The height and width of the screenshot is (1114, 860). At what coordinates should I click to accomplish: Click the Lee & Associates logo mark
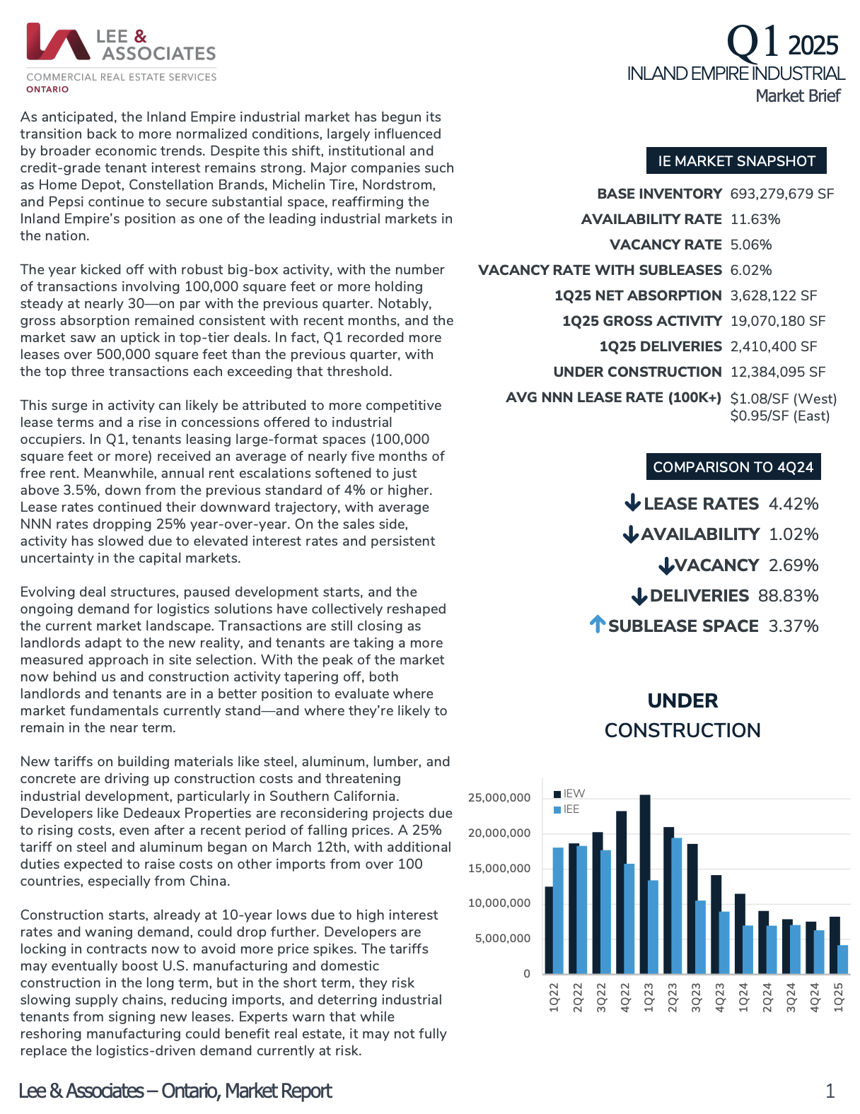tap(58, 42)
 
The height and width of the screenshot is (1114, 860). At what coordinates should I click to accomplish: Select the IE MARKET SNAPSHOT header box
tap(736, 161)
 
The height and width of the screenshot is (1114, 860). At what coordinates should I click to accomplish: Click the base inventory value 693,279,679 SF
tap(782, 194)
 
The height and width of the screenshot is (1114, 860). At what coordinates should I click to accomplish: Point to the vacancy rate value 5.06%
tap(751, 245)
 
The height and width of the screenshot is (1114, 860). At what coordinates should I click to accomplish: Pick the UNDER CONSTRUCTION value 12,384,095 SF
tap(778, 372)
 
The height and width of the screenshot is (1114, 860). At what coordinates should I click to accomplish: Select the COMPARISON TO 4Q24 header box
tap(733, 467)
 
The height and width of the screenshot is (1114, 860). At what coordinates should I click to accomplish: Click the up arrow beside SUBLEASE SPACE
tap(598, 624)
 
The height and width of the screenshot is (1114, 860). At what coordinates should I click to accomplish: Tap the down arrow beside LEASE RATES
tap(632, 503)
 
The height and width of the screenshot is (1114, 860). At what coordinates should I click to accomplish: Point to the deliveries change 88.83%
tap(788, 596)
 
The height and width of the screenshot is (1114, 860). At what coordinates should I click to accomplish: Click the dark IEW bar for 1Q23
tap(645, 884)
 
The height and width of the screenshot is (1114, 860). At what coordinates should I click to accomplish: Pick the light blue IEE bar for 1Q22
tap(558, 910)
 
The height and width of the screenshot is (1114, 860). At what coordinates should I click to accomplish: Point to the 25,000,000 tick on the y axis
tap(499, 798)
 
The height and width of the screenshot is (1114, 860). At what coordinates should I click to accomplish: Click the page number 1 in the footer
tap(830, 1091)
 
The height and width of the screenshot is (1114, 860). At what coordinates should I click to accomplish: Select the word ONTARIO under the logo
tap(47, 89)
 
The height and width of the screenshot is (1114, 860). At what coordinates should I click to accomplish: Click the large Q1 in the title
tap(753, 42)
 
